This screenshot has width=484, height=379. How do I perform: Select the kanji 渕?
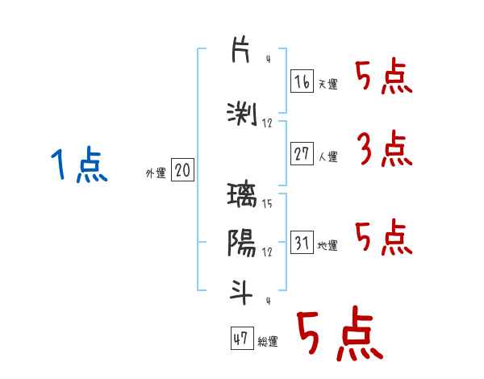(x=242, y=114)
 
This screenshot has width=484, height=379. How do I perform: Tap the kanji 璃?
(x=242, y=196)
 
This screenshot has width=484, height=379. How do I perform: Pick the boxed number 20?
(x=182, y=171)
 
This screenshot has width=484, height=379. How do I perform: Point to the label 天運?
(x=328, y=84)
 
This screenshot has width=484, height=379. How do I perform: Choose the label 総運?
(x=268, y=342)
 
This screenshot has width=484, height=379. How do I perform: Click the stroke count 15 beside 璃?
(x=267, y=204)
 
